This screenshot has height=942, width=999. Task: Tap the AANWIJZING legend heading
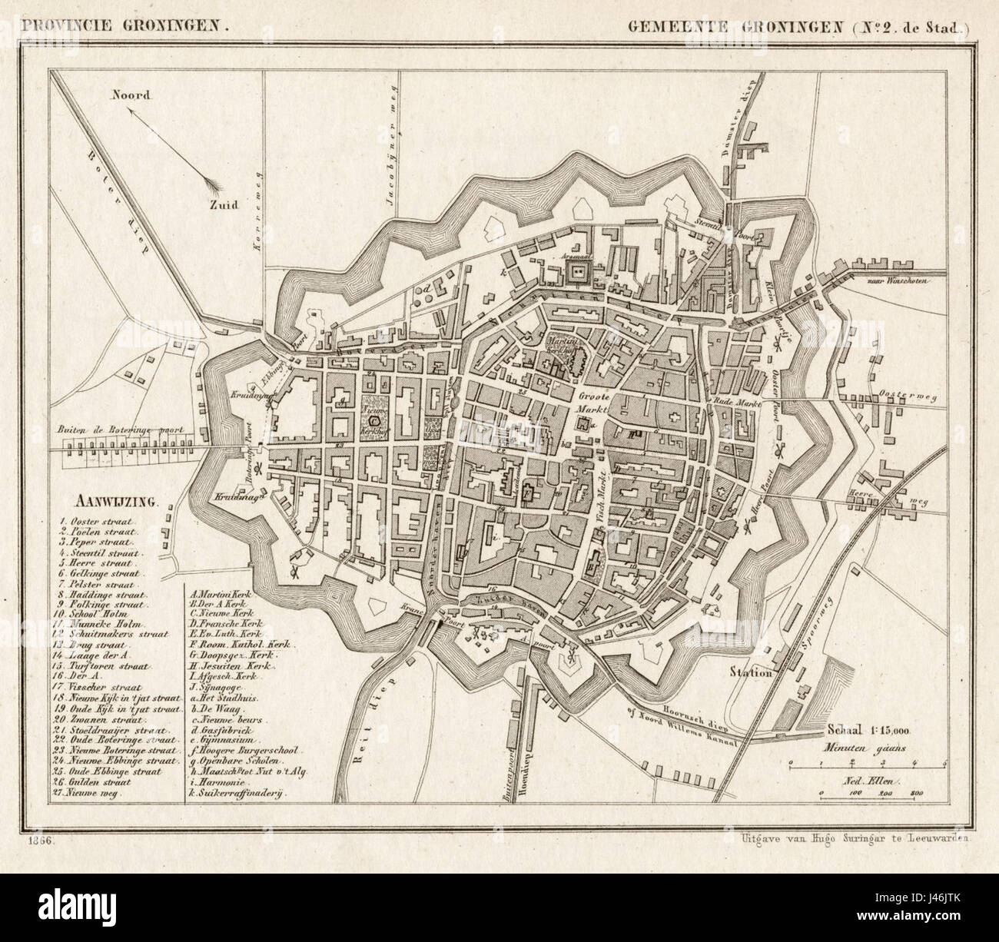tap(115, 503)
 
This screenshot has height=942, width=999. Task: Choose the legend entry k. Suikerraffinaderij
tap(234, 791)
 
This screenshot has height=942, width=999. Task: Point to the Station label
tap(751, 673)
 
